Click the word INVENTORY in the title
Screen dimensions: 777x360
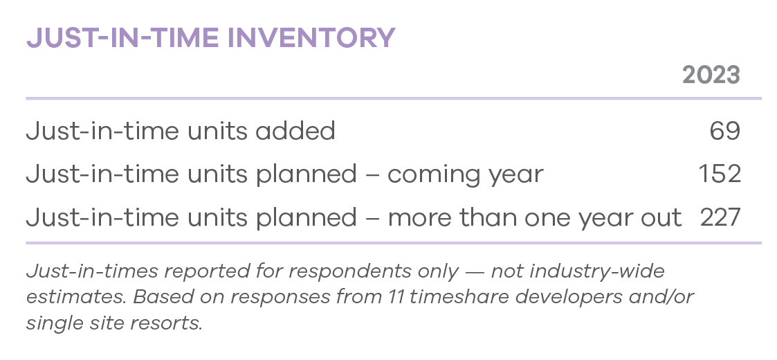pos(311,37)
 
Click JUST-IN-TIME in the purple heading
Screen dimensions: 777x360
pos(123,37)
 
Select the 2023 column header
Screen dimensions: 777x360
pos(711,75)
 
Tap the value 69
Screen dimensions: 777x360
pos(725,131)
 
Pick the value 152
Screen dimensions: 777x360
pos(720,174)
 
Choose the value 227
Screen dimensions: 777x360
pos(720,217)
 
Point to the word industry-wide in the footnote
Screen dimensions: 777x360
pos(597,272)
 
